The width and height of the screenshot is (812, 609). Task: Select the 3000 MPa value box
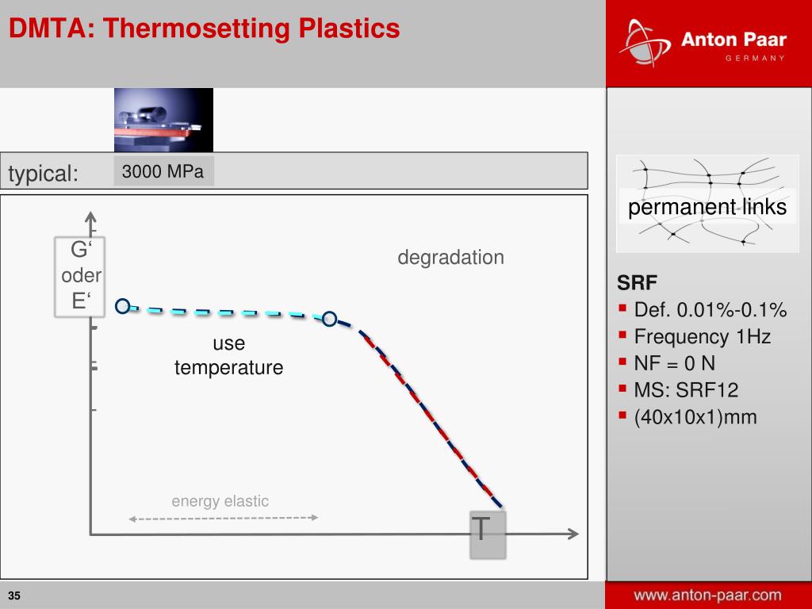coord(163,171)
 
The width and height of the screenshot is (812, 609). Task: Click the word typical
coord(43,173)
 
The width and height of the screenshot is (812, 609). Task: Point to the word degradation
coord(450,258)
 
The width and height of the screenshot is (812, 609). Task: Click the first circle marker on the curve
coord(122,306)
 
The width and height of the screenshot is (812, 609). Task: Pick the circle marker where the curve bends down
coord(329,319)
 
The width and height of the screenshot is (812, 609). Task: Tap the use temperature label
coord(228,355)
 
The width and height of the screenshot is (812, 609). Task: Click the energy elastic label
coord(220,501)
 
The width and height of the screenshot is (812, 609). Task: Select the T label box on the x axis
coord(488,534)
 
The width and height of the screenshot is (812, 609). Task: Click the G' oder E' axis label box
coord(80,277)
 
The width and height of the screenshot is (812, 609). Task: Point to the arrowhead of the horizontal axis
coord(573,534)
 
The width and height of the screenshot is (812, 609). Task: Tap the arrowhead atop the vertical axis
coord(90,217)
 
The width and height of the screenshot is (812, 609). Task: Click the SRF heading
coord(637,283)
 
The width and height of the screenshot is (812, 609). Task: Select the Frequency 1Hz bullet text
coord(703,336)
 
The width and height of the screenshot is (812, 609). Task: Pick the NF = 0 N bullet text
coord(674,363)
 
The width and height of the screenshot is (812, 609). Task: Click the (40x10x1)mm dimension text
coord(695,417)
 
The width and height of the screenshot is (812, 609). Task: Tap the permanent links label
coord(707,207)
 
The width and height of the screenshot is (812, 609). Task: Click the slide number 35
coord(14,596)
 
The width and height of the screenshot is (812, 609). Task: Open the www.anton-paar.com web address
coord(707,595)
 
